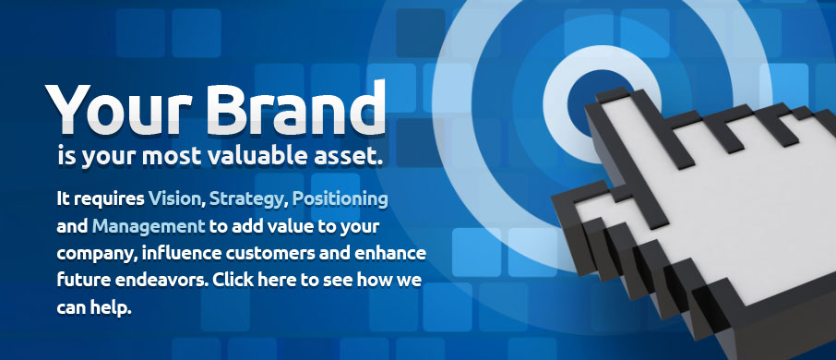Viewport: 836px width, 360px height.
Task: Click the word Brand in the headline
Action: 295,107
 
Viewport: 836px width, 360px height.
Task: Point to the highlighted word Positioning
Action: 340,200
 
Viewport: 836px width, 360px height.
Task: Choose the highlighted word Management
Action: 149,226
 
